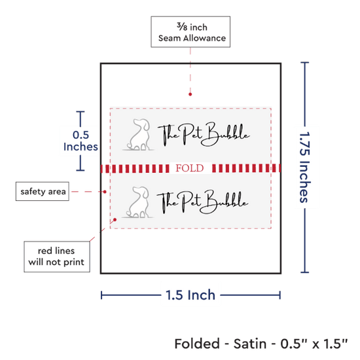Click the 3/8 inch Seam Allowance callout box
pyautogui.click(x=190, y=32)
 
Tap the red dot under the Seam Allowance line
pyautogui.click(x=190, y=94)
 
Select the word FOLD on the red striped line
pyautogui.click(x=190, y=168)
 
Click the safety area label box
pyautogui.click(x=43, y=192)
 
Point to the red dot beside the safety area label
pyautogui.click(x=105, y=192)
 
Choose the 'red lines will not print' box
pyautogui.click(x=57, y=257)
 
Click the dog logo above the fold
pyautogui.click(x=138, y=135)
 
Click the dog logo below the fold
pyautogui.click(x=137, y=202)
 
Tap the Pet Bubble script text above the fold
pyautogui.click(x=204, y=134)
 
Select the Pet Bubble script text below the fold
pyautogui.click(x=202, y=202)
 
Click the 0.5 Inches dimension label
pyautogui.click(x=81, y=141)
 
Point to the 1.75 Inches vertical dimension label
pyautogui.click(x=305, y=167)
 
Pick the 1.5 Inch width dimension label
pyautogui.click(x=190, y=295)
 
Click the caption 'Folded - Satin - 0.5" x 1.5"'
pyautogui.click(x=261, y=344)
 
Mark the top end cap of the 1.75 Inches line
pyautogui.click(x=304, y=62)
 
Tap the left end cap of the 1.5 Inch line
pyautogui.click(x=101, y=295)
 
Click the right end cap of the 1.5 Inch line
pyautogui.click(x=280, y=295)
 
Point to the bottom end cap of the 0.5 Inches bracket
pyautogui.click(x=81, y=170)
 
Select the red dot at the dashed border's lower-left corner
pyautogui.click(x=115, y=220)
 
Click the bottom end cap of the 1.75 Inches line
pyautogui.click(x=304, y=272)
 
